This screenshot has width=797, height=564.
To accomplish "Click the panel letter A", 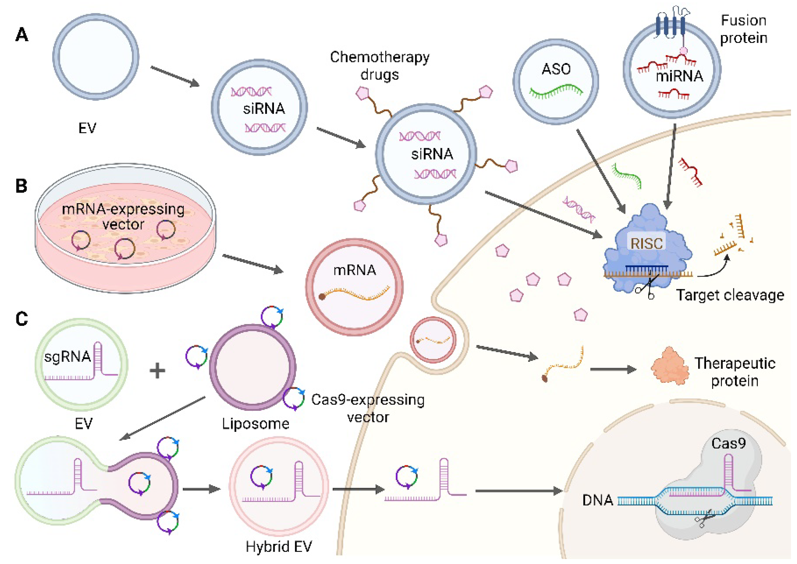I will click(21, 35).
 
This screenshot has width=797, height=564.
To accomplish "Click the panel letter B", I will click(21, 186).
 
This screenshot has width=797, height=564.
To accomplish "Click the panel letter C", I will click(21, 319).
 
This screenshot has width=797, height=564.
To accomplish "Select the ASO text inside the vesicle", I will click(556, 69).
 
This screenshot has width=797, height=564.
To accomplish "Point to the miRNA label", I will click(679, 76).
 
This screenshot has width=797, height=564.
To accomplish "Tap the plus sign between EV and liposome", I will click(157, 370).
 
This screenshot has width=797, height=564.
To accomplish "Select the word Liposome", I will click(256, 424).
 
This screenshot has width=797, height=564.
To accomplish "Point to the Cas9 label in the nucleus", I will click(728, 444).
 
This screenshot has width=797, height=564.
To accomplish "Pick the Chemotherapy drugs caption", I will click(380, 66).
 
